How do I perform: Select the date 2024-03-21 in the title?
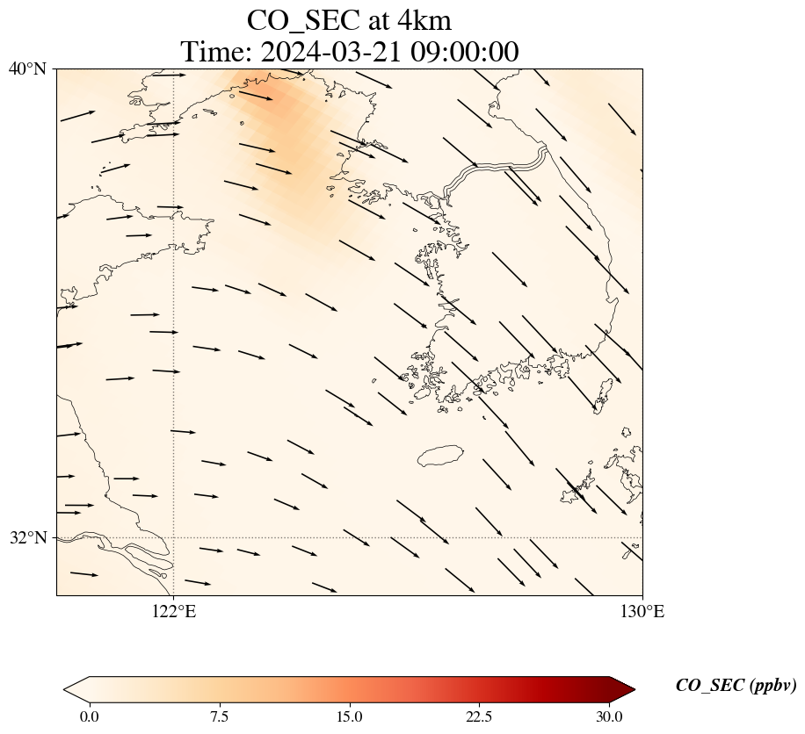pyautogui.click(x=330, y=52)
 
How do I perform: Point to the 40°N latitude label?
pyautogui.click(x=27, y=68)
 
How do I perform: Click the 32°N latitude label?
pyautogui.click(x=27, y=537)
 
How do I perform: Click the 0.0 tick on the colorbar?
pyautogui.click(x=89, y=716)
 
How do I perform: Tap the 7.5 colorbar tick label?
pyautogui.click(x=220, y=716)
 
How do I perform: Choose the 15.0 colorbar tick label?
pyautogui.click(x=350, y=716)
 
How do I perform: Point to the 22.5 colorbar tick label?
pyautogui.click(x=479, y=716)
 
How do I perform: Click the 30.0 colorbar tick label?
pyautogui.click(x=609, y=716)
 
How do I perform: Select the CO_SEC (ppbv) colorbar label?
pyautogui.click(x=736, y=687)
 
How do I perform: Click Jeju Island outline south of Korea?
pyautogui.click(x=440, y=456)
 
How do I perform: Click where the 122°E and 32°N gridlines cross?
pyautogui.click(x=174, y=537)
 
